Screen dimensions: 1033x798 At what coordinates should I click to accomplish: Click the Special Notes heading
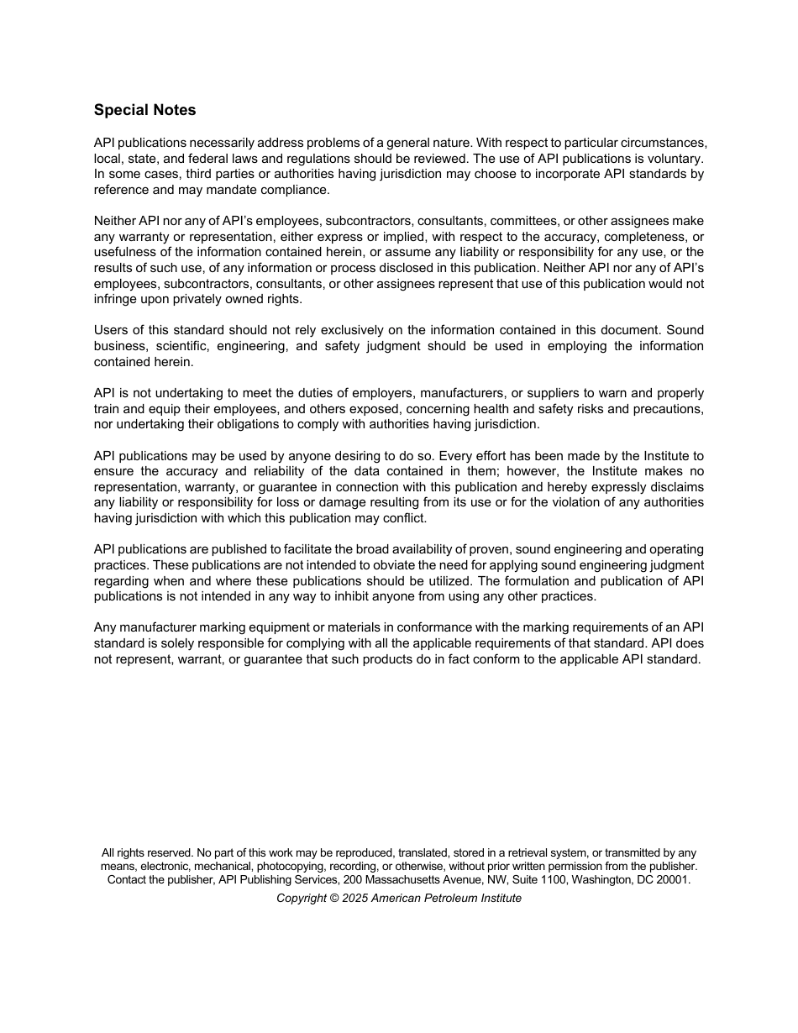[x=144, y=110]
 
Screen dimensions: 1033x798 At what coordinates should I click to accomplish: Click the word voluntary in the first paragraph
[x=675, y=158]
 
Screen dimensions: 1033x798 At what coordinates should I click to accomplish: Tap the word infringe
[x=115, y=299]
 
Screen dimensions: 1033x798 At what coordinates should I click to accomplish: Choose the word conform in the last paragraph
[x=497, y=659]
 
